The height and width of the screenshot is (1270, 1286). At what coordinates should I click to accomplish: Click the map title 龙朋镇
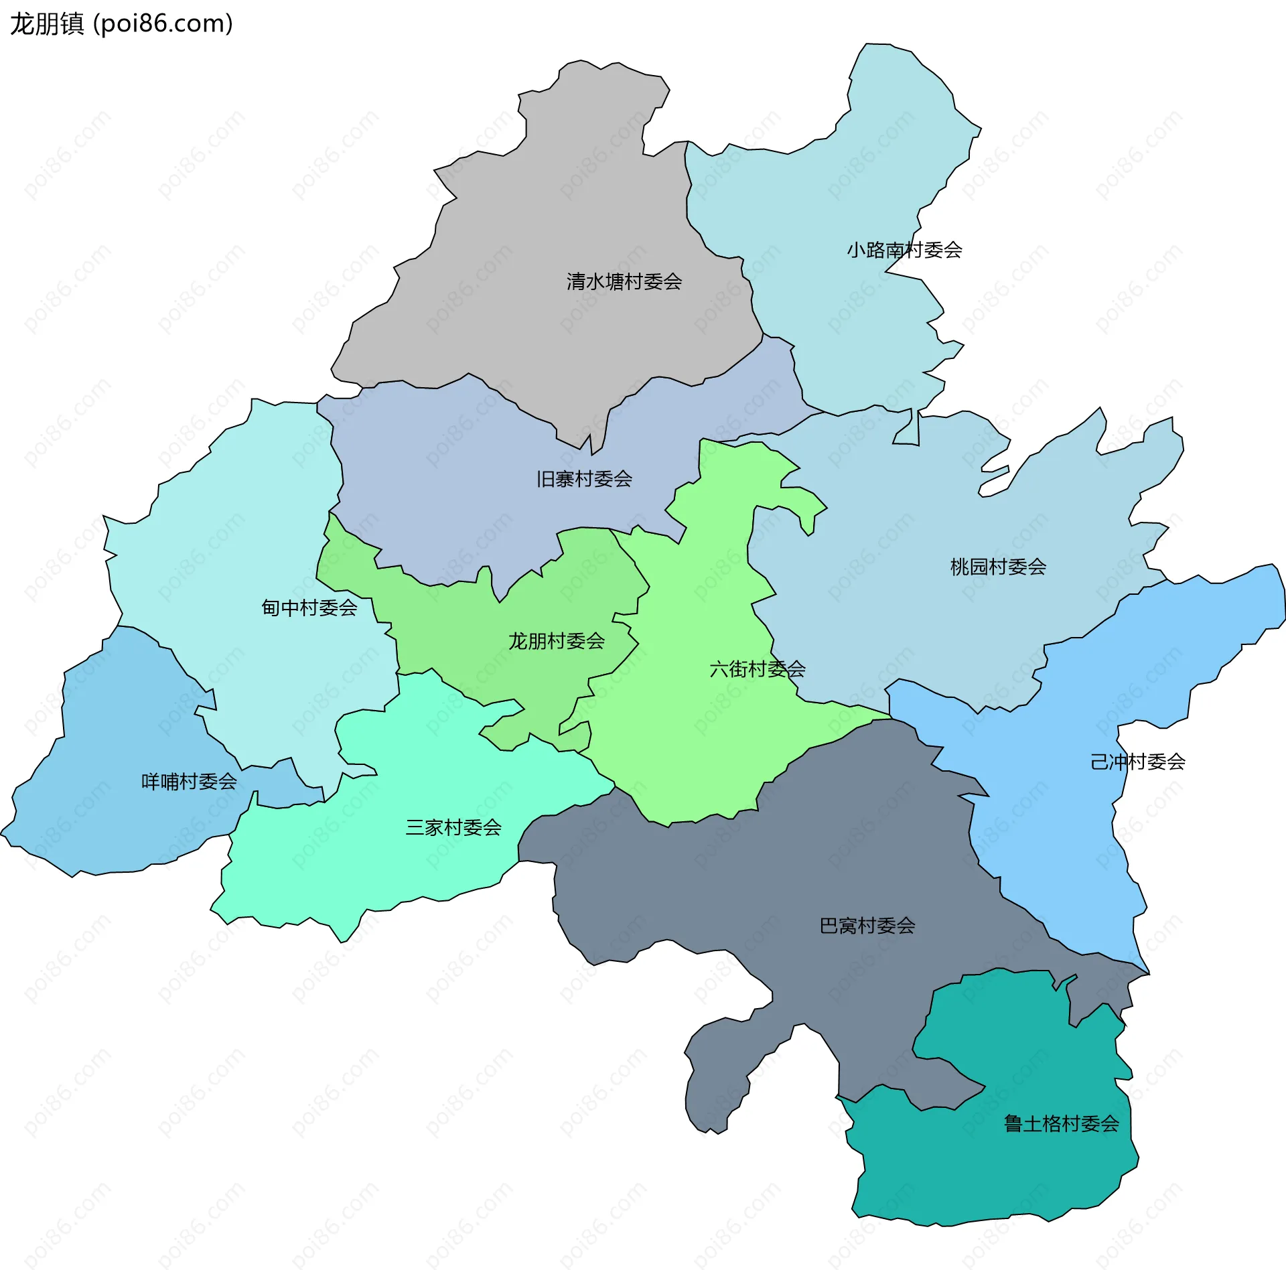[x=47, y=24]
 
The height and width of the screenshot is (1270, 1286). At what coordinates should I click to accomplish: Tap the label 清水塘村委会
[x=624, y=281]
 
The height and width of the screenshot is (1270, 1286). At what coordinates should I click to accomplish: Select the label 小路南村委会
[x=904, y=250]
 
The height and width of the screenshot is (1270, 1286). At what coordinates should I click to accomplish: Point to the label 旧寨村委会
[x=584, y=479]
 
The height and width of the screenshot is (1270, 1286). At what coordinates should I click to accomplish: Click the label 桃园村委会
[x=998, y=567]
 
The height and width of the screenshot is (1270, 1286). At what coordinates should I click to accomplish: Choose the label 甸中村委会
[x=309, y=608]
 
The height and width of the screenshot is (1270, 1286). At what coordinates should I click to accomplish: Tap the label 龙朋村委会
[x=556, y=641]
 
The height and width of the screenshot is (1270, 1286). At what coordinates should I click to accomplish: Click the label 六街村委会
[x=757, y=668]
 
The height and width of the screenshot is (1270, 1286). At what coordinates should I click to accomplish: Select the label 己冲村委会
[x=1137, y=762]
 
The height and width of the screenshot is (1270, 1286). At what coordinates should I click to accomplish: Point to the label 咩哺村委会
[x=189, y=781]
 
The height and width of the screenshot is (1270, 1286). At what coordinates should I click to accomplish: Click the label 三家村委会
[x=453, y=827]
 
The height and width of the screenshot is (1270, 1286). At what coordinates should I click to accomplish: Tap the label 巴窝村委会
[x=867, y=926]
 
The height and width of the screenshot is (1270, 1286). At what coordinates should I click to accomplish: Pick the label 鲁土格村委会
[x=1061, y=1123]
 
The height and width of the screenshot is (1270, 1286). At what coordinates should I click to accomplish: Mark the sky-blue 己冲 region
[x=1072, y=837]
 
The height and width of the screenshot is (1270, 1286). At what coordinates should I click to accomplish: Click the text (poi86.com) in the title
[x=163, y=24]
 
